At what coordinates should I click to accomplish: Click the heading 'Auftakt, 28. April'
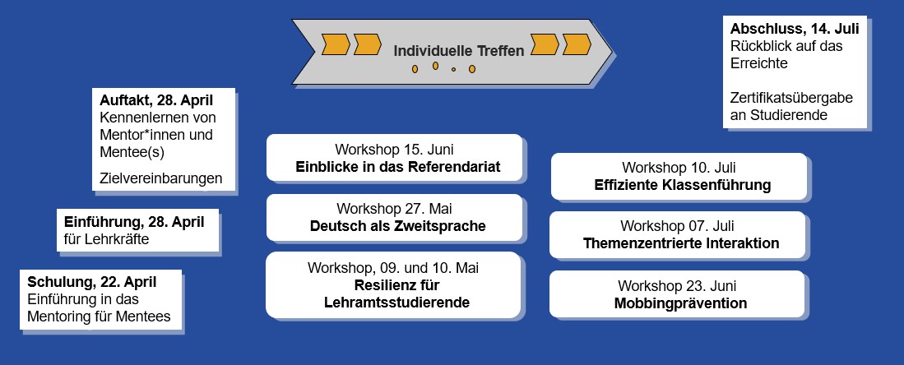point(156,100)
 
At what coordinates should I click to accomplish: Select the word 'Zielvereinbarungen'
point(161,178)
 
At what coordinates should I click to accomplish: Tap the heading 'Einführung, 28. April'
point(134,222)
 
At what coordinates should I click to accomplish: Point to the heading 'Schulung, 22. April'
point(91,283)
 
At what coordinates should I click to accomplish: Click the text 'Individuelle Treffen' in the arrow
point(459,51)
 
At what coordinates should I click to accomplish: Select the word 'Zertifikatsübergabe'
point(791,98)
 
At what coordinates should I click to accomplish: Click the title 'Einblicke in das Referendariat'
point(398,167)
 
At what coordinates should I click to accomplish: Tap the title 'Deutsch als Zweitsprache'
point(398,226)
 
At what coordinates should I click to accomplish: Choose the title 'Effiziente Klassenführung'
point(683,185)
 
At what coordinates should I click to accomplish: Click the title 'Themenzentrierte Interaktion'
point(681,243)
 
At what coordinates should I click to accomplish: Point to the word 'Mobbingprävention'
point(681,303)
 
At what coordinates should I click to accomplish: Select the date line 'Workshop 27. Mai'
point(395,208)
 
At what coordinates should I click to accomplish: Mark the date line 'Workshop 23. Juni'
point(678,285)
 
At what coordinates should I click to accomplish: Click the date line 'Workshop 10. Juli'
point(679,168)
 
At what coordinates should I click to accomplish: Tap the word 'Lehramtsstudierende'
point(397,303)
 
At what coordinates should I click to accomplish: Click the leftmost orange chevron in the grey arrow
point(336,44)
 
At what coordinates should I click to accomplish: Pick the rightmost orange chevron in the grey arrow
point(577,44)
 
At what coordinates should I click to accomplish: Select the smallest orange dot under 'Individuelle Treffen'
point(454,70)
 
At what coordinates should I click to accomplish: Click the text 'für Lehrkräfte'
point(107,238)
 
